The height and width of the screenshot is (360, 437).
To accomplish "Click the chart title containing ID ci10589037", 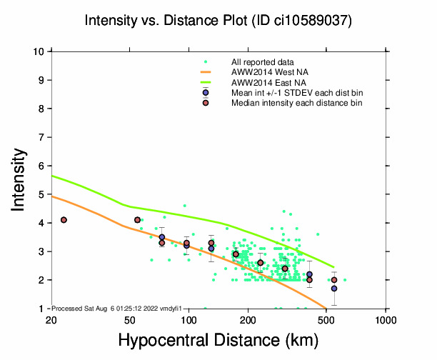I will pyautogui.click(x=218, y=21).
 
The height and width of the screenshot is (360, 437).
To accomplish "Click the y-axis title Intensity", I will pyautogui.click(x=21, y=179).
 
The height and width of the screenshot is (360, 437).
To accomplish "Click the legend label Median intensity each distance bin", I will pyautogui.click(x=296, y=103).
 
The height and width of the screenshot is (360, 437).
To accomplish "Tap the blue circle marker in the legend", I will pyautogui.click(x=205, y=93).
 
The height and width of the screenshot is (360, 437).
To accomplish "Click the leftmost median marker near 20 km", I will pyautogui.click(x=64, y=220).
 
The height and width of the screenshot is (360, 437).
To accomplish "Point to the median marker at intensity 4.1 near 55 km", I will pyautogui.click(x=137, y=220).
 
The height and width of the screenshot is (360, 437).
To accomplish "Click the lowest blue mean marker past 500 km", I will pyautogui.click(x=333, y=289).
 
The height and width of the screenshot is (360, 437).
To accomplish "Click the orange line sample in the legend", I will pyautogui.click(x=206, y=72).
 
